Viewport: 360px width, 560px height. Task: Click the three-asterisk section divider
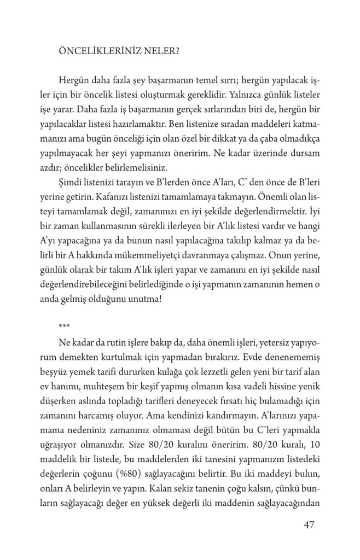(x=63, y=327)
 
